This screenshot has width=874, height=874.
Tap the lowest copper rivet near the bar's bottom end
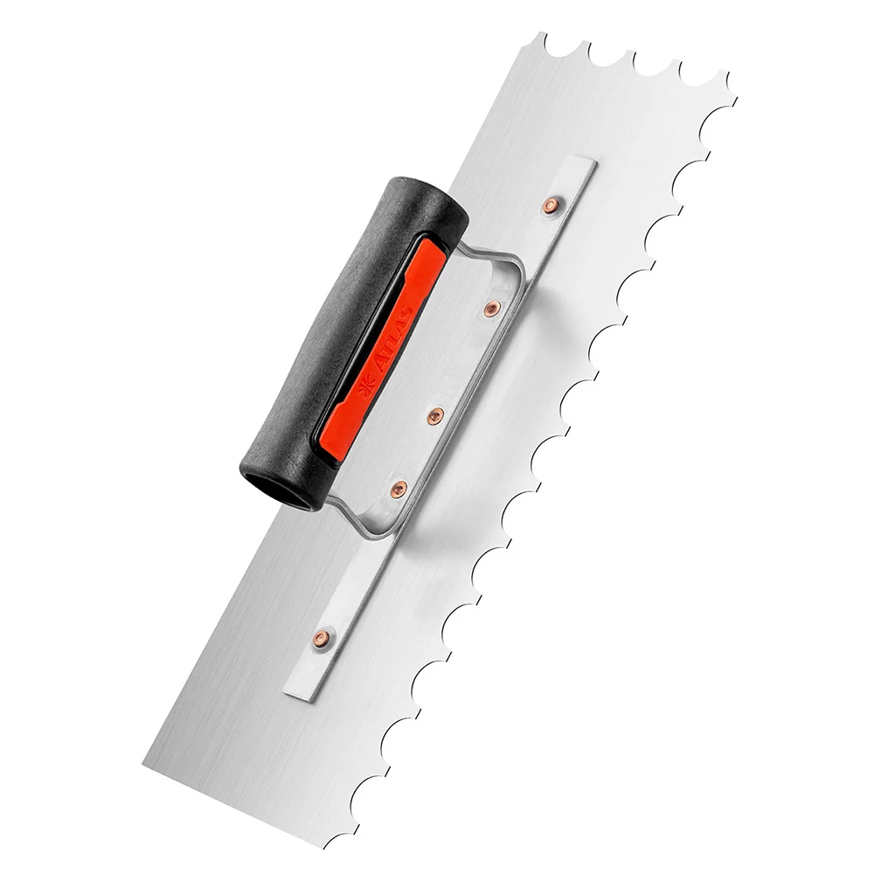tap(322, 638)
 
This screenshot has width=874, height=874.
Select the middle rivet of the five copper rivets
tap(435, 415)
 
